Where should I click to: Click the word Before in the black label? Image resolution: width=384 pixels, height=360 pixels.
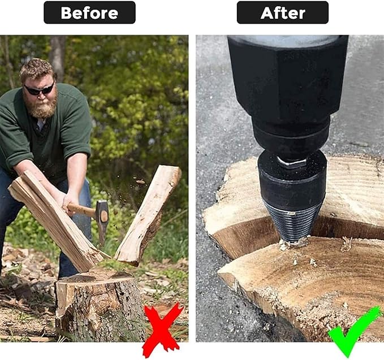tap(89, 13)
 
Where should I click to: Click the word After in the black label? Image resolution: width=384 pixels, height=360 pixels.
tap(283, 13)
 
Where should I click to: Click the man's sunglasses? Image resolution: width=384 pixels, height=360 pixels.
tap(40, 89)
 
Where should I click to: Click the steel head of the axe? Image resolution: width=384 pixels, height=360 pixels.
tap(102, 215)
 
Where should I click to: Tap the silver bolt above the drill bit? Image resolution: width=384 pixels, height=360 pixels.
tap(291, 162)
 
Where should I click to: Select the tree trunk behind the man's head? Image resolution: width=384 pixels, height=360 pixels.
tap(58, 57)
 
